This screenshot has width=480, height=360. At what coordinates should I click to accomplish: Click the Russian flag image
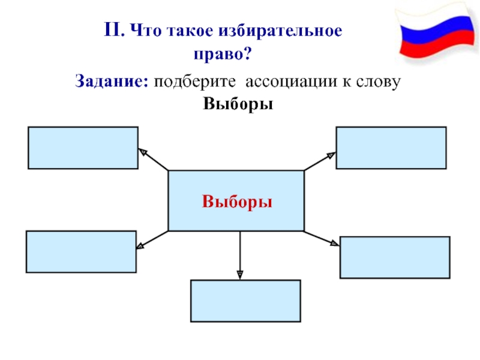point(438,32)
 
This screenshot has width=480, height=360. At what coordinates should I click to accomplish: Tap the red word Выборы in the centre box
point(237,202)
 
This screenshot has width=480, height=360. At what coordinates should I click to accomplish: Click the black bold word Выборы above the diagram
point(238,104)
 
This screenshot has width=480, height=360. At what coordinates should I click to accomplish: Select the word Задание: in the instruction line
point(112,82)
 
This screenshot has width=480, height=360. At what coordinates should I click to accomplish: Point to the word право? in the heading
point(223,54)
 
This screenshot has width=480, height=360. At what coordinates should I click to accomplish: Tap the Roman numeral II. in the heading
point(114,30)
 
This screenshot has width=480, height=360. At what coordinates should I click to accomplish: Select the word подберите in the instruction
point(194,82)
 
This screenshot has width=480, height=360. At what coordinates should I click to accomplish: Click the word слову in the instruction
point(378,82)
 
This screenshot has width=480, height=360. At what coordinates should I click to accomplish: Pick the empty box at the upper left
point(83,148)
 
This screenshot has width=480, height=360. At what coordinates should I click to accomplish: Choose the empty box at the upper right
point(391,148)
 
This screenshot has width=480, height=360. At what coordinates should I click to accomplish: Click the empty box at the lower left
point(81,251)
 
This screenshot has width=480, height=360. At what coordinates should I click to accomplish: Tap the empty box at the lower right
point(395,257)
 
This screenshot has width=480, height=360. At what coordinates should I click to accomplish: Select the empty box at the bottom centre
point(245,301)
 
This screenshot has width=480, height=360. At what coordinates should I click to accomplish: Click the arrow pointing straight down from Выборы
point(240,256)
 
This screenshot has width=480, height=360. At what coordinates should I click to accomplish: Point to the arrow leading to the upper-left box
point(153,159)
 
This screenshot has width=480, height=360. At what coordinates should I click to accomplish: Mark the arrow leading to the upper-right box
point(320,161)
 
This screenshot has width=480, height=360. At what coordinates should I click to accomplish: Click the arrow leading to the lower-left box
point(152,240)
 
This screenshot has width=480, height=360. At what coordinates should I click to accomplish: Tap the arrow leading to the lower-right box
point(322,238)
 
